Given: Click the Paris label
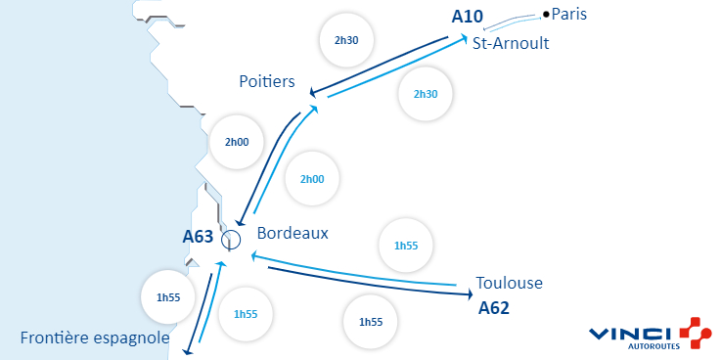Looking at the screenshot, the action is click(569, 14).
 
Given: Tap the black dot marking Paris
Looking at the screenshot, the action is click(546, 14).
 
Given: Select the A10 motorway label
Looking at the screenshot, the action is click(468, 17).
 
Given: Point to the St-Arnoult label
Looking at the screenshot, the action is click(510, 44).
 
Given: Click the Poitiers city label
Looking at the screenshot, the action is click(267, 81).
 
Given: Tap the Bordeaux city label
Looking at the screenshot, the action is click(293, 234).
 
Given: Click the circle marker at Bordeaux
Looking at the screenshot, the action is click(231, 239).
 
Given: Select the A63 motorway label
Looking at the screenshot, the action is click(199, 236).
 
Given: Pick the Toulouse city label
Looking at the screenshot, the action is click(509, 284).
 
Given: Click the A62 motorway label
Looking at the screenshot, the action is click(494, 307).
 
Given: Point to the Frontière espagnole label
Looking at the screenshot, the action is click(95, 338).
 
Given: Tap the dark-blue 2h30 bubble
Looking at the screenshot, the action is click(347, 40).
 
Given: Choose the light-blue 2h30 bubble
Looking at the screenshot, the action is click(426, 94).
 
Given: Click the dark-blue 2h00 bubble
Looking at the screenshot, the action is click(237, 142).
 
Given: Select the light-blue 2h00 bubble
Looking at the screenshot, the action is click(312, 179).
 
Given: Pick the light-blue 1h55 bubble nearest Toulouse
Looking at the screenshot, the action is click(405, 245).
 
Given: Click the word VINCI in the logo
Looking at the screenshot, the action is click(630, 334).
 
